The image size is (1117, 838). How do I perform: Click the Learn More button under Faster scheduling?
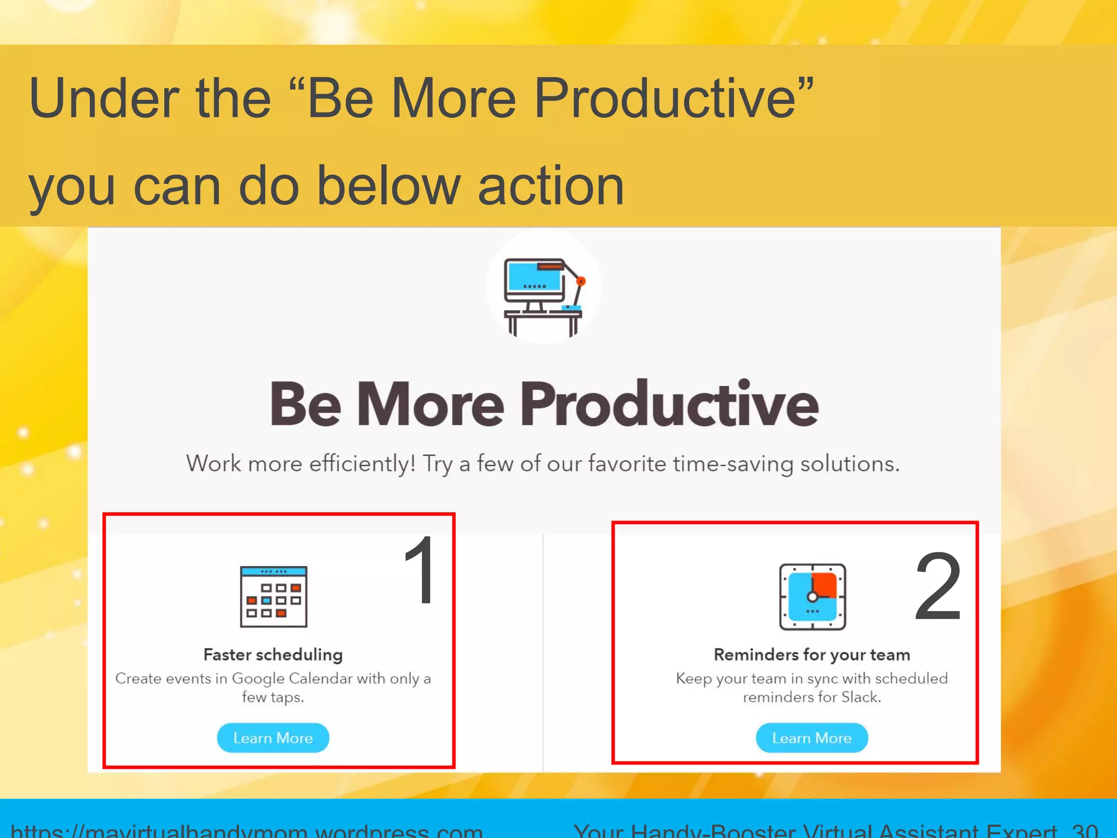coord(273,738)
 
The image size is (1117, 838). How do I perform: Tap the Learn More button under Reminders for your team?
coord(811,738)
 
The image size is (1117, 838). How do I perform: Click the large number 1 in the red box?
coord(421,570)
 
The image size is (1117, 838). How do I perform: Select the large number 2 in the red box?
coord(938,587)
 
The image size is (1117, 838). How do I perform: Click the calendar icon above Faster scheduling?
coord(273,596)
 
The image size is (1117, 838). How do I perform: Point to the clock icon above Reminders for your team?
coord(812,596)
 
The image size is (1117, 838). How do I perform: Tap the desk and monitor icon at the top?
coord(543,296)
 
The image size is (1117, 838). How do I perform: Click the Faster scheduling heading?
coord(273,654)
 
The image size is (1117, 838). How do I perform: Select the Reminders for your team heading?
coord(812,654)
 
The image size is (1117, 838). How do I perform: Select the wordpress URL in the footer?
coord(247,830)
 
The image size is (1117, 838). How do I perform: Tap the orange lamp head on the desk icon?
coord(581,282)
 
